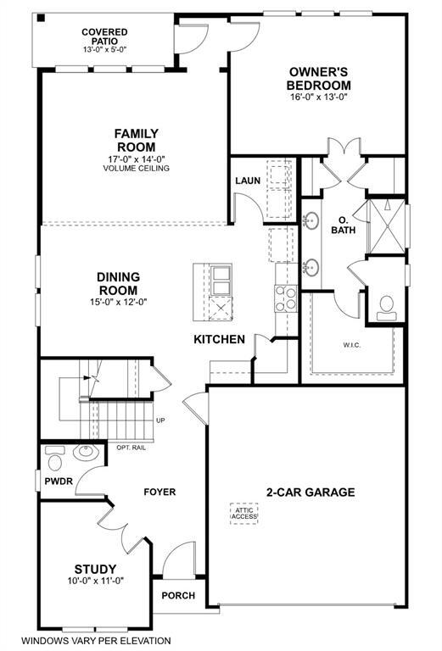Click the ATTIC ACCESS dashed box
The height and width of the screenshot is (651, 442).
pyautogui.click(x=243, y=514)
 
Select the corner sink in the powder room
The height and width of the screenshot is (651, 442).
pyautogui.click(x=86, y=452)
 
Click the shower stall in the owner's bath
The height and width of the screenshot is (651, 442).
pyautogui.click(x=387, y=226)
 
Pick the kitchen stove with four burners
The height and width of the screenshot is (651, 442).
pyautogui.click(x=286, y=298)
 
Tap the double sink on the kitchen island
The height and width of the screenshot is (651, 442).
pyautogui.click(x=221, y=281)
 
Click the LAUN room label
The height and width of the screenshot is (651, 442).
pyautogui.click(x=248, y=181)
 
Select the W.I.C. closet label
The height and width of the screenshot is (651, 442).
pyautogui.click(x=352, y=345)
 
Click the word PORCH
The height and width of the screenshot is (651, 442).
pyautogui.click(x=178, y=595)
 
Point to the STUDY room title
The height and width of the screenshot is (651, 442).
pyautogui.click(x=95, y=569)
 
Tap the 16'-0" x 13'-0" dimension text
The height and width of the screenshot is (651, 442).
pyautogui.click(x=319, y=97)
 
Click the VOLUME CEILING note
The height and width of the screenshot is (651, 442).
pyautogui.click(x=137, y=169)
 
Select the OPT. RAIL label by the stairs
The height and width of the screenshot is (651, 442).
pyautogui.click(x=131, y=448)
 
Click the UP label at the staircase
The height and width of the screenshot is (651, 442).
pyautogui.click(x=160, y=420)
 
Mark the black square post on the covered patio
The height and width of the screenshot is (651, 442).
pyautogui.click(x=41, y=19)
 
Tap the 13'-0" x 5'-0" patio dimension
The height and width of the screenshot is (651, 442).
pyautogui.click(x=104, y=49)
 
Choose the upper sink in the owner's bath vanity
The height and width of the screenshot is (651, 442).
pyautogui.click(x=311, y=220)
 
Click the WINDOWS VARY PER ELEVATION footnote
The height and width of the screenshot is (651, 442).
pyautogui.click(x=96, y=641)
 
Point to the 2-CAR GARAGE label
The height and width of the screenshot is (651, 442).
pyautogui.click(x=311, y=492)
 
